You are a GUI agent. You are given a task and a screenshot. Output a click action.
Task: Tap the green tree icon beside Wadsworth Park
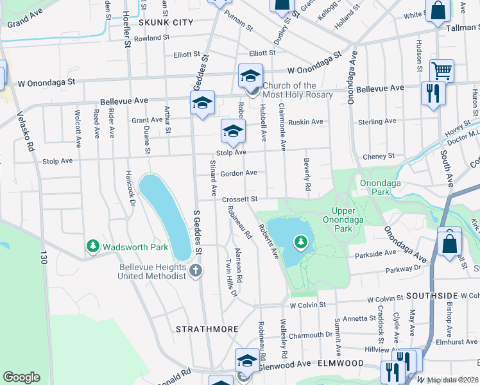(93, 246)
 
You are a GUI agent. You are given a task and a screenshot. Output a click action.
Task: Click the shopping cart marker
(441, 70)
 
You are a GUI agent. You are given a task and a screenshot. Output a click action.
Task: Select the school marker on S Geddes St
(202, 103)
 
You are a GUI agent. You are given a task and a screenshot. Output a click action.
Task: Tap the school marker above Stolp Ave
(233, 131)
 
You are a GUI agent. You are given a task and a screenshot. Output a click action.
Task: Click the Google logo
(21, 377)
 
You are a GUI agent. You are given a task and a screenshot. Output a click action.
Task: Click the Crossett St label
(240, 200)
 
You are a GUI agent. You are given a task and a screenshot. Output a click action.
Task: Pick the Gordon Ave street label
(238, 173)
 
